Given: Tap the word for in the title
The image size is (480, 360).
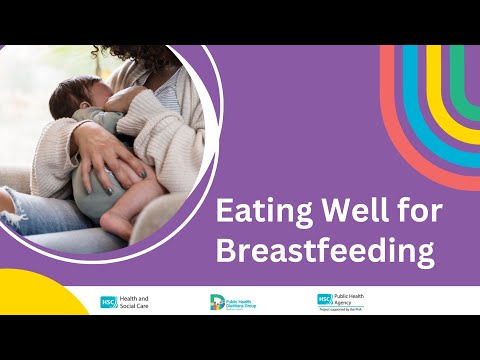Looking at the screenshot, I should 399,213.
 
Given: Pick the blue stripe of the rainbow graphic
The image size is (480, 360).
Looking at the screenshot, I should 420,100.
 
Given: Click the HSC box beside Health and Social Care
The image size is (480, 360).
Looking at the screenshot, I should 107,301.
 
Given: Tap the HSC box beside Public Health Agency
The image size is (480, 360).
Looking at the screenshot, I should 324,298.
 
